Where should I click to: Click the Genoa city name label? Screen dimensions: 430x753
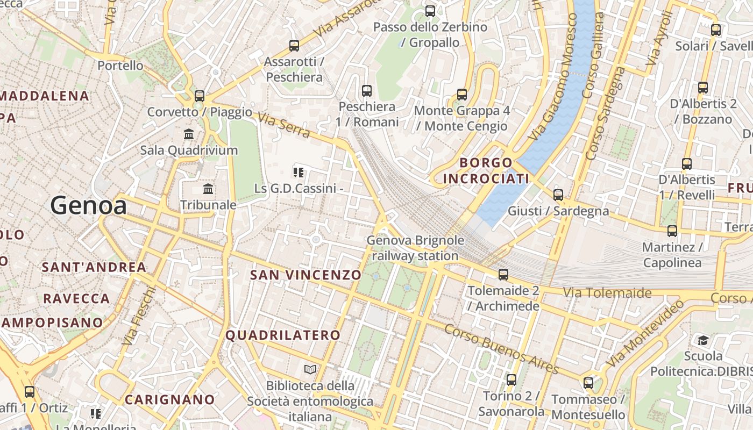pyautogui.click(x=89, y=206)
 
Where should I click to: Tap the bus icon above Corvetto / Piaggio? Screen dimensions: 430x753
pyautogui.click(x=200, y=96)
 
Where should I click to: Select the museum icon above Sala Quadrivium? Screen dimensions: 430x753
pyautogui.click(x=189, y=134)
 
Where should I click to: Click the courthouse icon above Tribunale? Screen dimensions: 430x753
pyautogui.click(x=208, y=189)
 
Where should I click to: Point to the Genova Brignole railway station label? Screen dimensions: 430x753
pyautogui.click(x=415, y=248)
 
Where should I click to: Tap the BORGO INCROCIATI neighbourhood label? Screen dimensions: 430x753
pyautogui.click(x=486, y=170)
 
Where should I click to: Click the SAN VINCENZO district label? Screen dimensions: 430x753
pyautogui.click(x=306, y=275)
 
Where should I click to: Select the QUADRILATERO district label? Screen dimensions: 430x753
pyautogui.click(x=283, y=335)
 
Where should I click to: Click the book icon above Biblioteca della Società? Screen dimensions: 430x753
pyautogui.click(x=310, y=369)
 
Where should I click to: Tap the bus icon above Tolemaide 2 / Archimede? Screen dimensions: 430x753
pyautogui.click(x=503, y=275)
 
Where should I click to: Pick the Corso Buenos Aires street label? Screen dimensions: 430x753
pyautogui.click(x=501, y=348)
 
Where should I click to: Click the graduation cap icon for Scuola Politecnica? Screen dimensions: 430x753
pyautogui.click(x=703, y=340)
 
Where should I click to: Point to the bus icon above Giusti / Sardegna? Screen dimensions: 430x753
pyautogui.click(x=558, y=195)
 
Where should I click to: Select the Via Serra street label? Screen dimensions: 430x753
pyautogui.click(x=283, y=125)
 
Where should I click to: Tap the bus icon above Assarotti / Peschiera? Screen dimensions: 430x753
pyautogui.click(x=294, y=46)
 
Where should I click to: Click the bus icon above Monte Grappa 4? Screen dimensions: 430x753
pyautogui.click(x=462, y=95)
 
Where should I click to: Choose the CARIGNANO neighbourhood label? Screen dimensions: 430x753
pyautogui.click(x=170, y=400)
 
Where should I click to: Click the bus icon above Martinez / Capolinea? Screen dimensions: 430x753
pyautogui.click(x=672, y=231)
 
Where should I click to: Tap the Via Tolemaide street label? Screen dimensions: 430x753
pyautogui.click(x=607, y=293)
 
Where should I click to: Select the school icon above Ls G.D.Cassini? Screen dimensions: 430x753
pyautogui.click(x=299, y=173)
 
